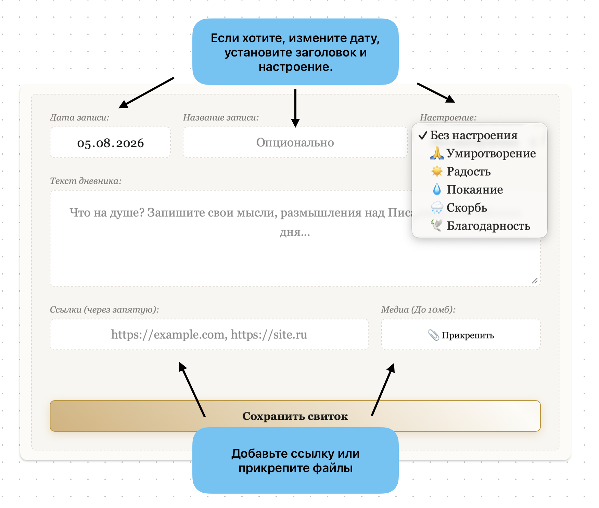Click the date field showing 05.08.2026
pos(110,142)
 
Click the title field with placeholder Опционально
pos(295,142)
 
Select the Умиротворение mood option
pos(483,153)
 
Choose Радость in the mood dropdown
pos(461,171)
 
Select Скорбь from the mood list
pos(459,207)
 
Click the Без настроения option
pos(468,135)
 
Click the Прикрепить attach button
pos(461,335)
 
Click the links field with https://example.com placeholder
pos(209,334)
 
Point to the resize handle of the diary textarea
pos(535,281)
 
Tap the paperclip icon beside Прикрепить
pos(433,335)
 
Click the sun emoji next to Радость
pos(437,171)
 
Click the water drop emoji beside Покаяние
pos(437,189)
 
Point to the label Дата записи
pos(79,117)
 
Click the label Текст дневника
pos(86,181)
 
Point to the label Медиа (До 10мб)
pos(418,309)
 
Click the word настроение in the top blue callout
pos(296,67)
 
